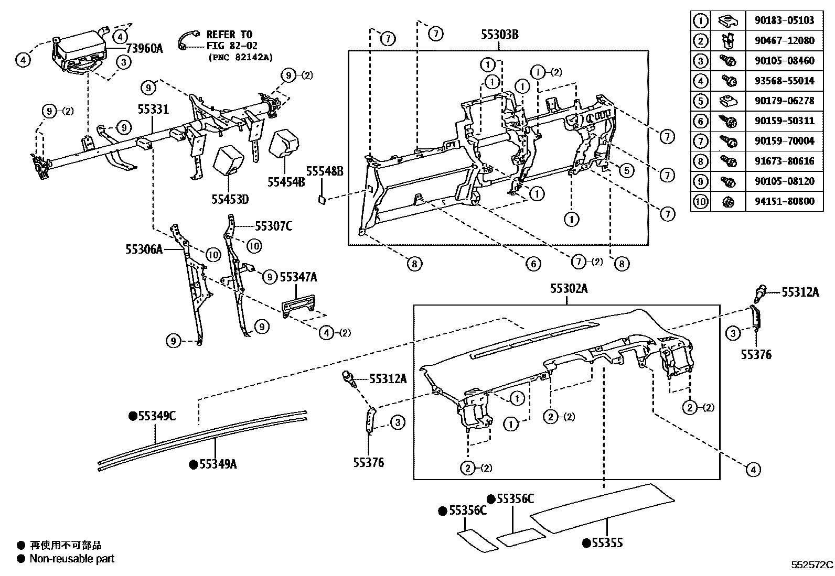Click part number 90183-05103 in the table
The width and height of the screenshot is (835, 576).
coord(785,20)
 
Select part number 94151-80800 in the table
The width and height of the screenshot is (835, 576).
coord(785,201)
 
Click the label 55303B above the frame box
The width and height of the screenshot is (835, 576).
coord(499,35)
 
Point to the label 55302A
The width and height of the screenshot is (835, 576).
coord(569,289)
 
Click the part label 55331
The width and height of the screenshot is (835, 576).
coord(153,110)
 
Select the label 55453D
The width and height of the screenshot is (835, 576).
coord(230,199)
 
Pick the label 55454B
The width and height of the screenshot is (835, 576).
coord(286,182)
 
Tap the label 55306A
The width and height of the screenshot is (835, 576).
coord(144,250)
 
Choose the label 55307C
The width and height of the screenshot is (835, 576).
coord(273,226)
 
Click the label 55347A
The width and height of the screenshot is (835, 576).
coord(298,277)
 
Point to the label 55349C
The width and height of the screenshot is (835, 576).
coord(156,416)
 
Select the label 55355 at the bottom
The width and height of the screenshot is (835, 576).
coord(607,543)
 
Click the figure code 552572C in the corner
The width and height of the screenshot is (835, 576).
coord(812,565)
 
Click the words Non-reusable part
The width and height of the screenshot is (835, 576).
coord(72,559)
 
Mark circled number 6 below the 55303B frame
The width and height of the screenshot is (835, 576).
coord(533,264)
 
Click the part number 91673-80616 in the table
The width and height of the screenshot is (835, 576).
coord(785,161)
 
